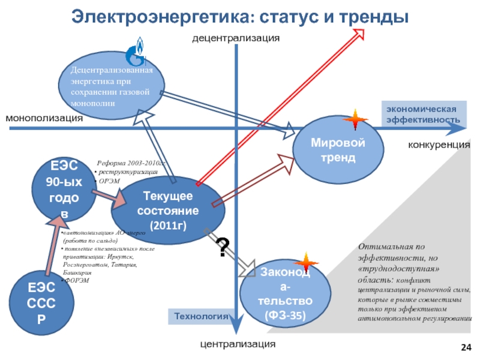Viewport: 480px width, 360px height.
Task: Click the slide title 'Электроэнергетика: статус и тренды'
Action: tap(240, 15)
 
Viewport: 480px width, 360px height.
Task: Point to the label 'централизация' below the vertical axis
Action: tap(238, 344)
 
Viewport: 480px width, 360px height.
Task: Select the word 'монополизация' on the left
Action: tap(44, 118)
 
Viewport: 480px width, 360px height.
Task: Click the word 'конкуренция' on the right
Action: tap(439, 145)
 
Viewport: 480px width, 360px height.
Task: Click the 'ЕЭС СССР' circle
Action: tap(40, 304)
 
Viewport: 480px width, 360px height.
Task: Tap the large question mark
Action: tap(223, 247)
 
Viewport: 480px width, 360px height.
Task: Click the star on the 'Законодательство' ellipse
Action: tap(306, 263)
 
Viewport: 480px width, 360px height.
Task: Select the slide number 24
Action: tap(466, 347)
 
